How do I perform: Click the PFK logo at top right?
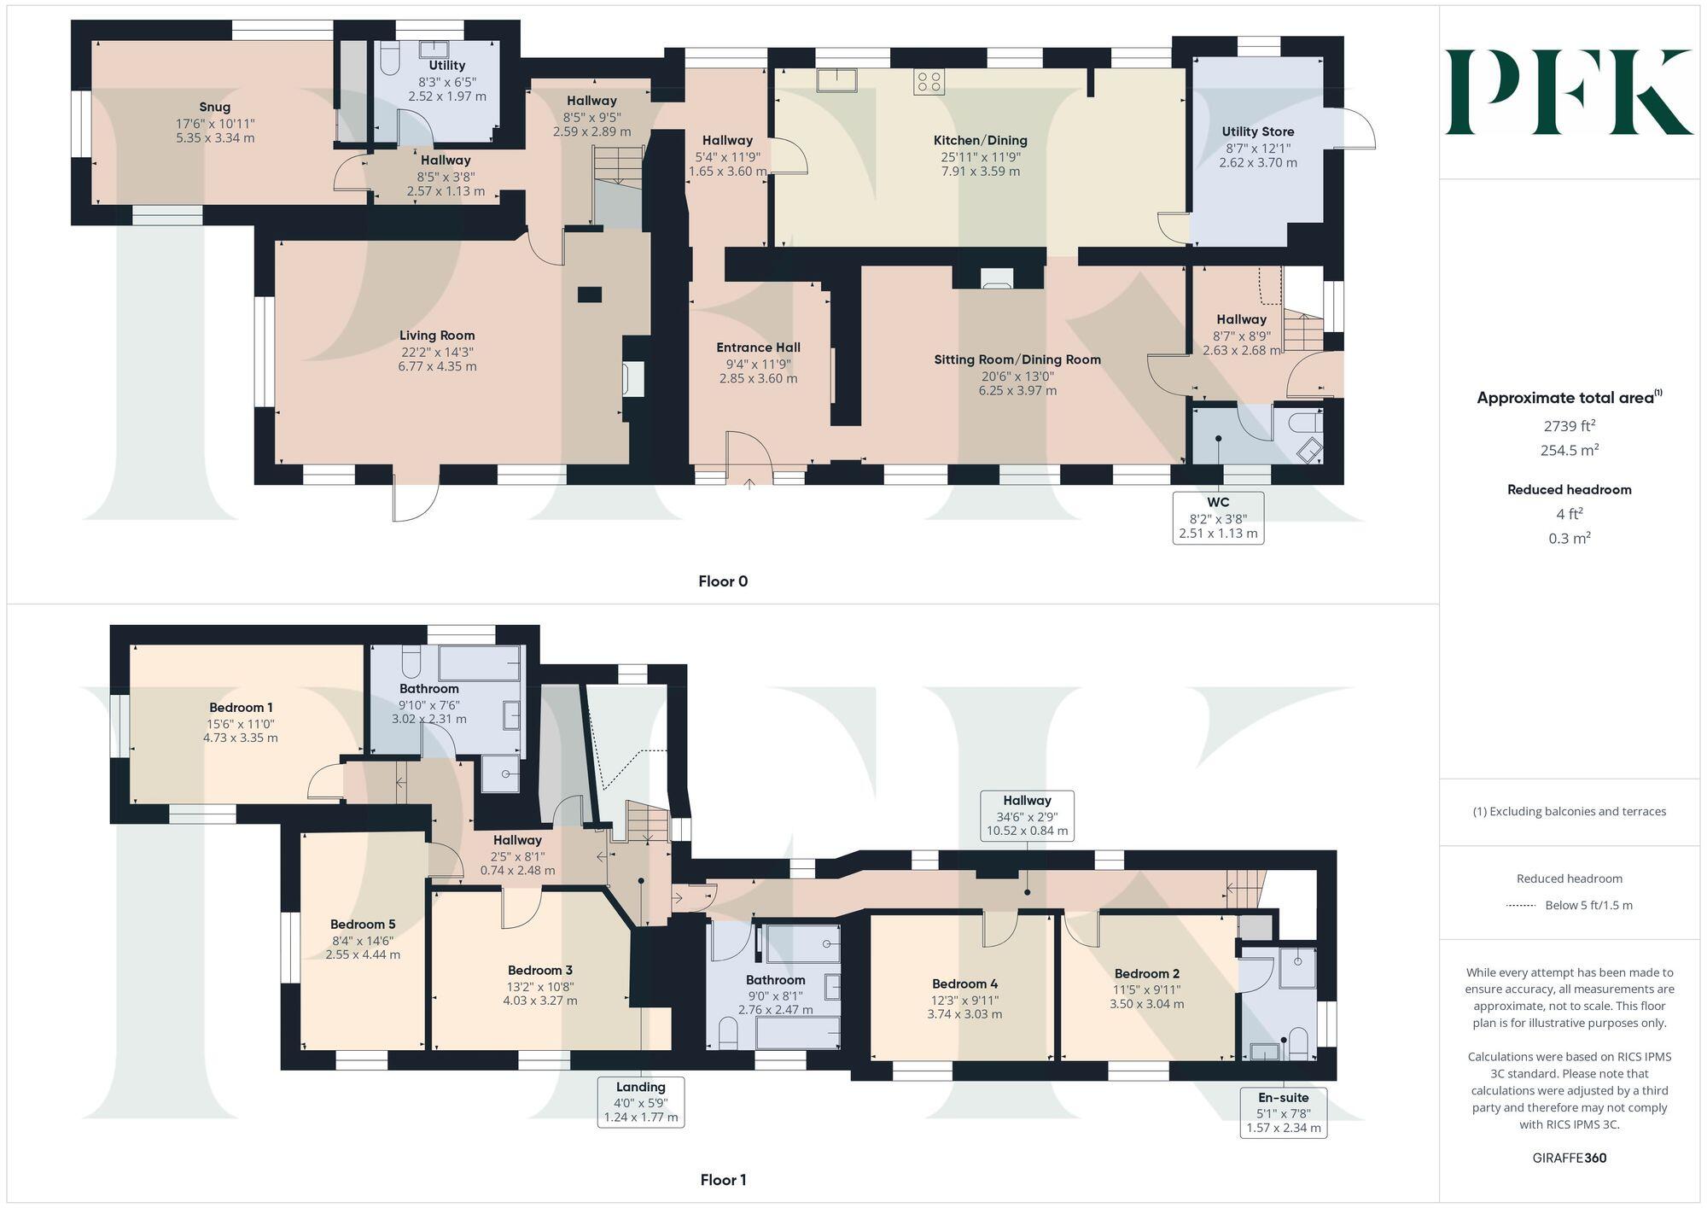click(x=1569, y=92)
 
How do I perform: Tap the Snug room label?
click(x=215, y=108)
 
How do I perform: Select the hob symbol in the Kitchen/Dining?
click(x=929, y=82)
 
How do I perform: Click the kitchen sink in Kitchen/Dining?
click(x=836, y=80)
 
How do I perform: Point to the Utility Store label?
click(x=1257, y=131)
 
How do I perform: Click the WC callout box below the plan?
click(x=1218, y=517)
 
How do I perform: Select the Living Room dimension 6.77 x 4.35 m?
click(x=437, y=367)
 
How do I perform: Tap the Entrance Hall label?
click(x=758, y=347)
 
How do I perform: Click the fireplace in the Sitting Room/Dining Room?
click(x=996, y=278)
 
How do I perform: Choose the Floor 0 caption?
click(x=723, y=581)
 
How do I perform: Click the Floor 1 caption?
click(x=723, y=1180)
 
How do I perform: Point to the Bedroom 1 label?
click(x=241, y=707)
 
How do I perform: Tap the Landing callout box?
click(x=641, y=1101)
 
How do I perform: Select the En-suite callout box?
click(x=1283, y=1112)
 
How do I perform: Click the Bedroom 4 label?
click(x=964, y=983)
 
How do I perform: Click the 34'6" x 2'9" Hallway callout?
click(x=1027, y=815)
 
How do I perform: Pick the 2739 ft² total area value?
click(x=1569, y=426)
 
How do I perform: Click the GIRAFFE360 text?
click(x=1569, y=1158)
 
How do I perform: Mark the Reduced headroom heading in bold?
click(x=1569, y=489)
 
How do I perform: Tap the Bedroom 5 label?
click(x=363, y=924)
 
